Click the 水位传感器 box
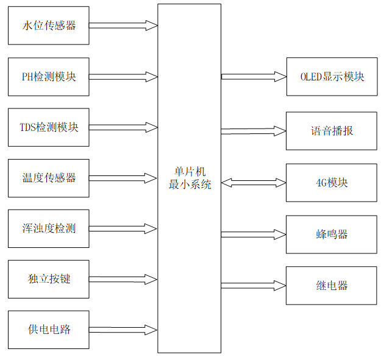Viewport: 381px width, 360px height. coord(49,26)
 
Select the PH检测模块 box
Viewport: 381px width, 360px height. coord(49,77)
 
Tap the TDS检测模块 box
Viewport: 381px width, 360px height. coord(49,127)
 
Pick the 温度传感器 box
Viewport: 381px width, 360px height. coord(49,178)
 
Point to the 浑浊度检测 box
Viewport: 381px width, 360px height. coord(49,228)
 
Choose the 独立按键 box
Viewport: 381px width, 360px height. coord(49,279)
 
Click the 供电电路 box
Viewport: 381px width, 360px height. coord(49,330)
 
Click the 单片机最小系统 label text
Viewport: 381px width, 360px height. coord(190,178)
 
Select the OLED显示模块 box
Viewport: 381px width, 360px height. coord(332,77)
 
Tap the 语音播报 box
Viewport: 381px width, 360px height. coord(332,131)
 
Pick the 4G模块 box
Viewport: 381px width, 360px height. coord(332,183)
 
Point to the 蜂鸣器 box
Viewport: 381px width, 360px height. coord(332,235)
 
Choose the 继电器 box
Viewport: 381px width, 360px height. coord(332,286)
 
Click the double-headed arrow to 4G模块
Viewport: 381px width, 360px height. coord(254,182)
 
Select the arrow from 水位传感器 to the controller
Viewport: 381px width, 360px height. coord(123,26)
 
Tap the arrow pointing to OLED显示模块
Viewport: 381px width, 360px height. coord(254,77)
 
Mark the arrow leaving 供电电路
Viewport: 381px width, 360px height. coord(123,330)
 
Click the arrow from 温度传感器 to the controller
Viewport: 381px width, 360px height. coord(123,178)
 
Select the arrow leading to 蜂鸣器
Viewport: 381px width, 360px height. coord(254,235)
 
